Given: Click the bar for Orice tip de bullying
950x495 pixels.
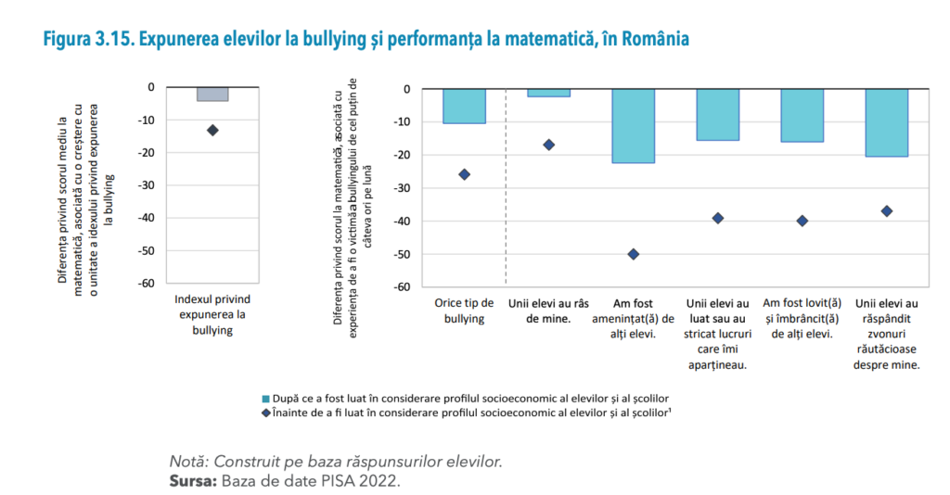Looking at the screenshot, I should click(464, 106).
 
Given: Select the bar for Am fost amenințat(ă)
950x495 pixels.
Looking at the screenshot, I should click(633, 125).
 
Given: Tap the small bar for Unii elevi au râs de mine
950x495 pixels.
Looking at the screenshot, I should click(548, 93).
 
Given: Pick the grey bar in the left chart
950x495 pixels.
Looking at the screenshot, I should click(212, 94).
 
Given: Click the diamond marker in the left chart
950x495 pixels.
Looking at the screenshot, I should click(212, 130).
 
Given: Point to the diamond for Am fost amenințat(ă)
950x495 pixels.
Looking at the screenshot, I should click(633, 254).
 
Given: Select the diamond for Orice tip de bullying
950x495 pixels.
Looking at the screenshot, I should click(464, 174).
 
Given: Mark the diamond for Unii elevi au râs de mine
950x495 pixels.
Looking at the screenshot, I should click(548, 145).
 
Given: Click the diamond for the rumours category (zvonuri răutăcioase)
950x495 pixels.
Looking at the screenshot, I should click(886, 211).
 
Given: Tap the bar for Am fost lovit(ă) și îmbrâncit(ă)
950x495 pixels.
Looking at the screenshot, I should click(802, 115).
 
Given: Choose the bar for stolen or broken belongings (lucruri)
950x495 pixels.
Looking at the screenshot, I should click(717, 114).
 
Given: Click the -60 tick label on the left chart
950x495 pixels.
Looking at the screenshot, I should click(146, 284).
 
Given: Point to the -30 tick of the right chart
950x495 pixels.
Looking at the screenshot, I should click(402, 188).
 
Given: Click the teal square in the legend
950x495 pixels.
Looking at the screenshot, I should click(268, 397).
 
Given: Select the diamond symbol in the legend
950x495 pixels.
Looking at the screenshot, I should click(268, 411).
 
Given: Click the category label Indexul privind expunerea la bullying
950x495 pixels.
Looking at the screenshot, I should click(212, 315).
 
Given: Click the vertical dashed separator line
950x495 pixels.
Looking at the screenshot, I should click(506, 185).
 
